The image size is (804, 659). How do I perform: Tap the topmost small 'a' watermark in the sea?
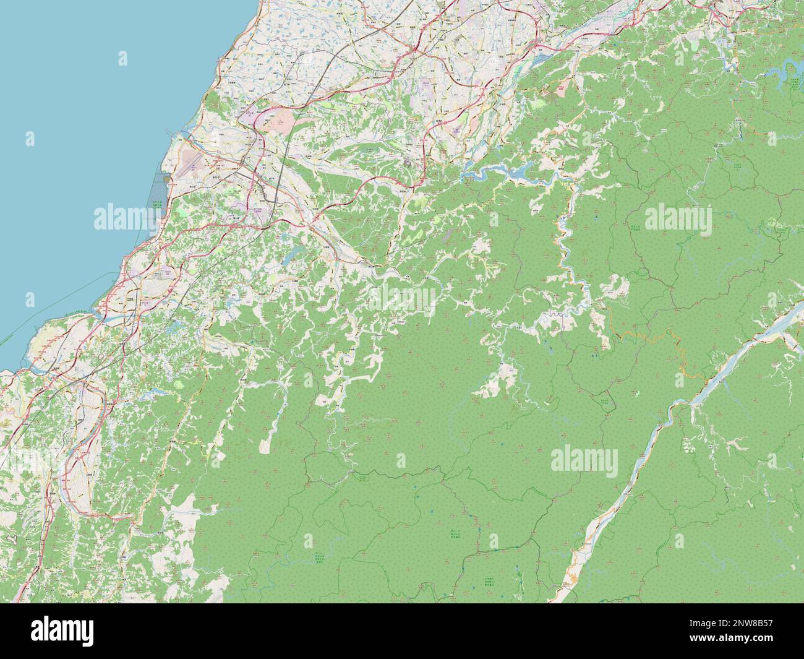point(123,59)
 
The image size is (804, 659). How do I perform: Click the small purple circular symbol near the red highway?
point(408,163)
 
